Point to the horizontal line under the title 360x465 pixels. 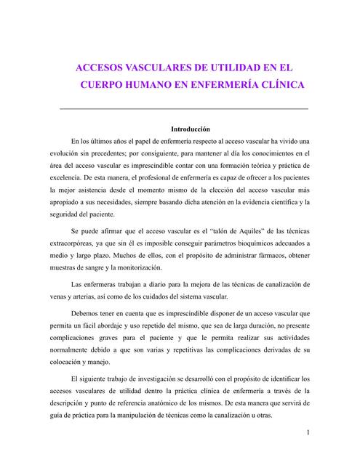pyautogui.click(x=183, y=108)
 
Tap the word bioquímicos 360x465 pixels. pyautogui.click(x=247, y=243)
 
